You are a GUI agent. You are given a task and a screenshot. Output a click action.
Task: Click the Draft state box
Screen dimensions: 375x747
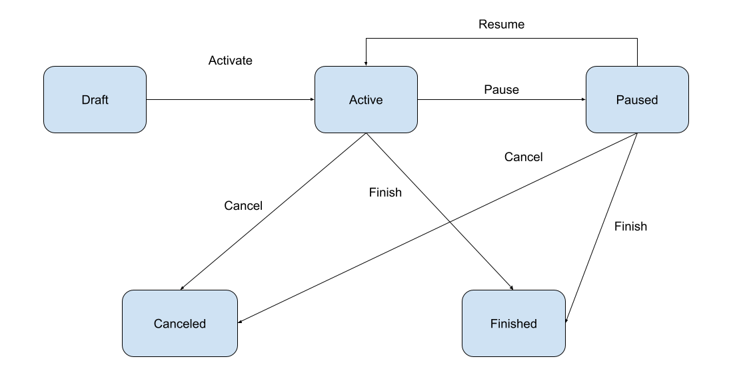click(95, 99)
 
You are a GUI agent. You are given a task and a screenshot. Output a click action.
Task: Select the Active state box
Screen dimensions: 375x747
click(366, 99)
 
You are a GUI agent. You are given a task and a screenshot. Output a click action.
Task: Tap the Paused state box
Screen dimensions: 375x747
click(637, 99)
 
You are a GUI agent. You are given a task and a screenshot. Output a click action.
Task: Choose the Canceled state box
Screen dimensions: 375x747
click(180, 323)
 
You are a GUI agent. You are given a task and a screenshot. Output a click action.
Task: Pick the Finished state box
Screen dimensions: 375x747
click(514, 323)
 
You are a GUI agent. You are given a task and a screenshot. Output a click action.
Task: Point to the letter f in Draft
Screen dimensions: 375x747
click(102, 100)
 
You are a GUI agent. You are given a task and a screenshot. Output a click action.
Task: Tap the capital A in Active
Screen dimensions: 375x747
click(353, 100)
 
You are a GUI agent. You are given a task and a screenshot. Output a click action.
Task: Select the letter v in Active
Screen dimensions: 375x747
click(372, 100)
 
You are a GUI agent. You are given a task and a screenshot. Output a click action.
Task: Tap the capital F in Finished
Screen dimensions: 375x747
click(494, 324)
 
